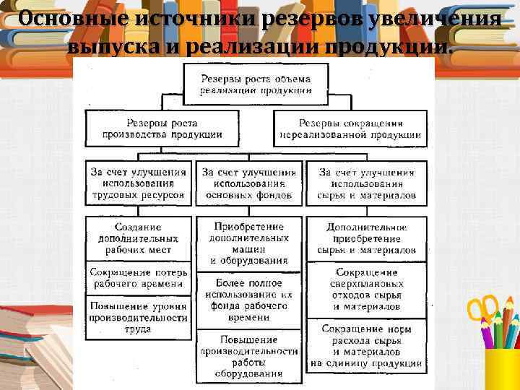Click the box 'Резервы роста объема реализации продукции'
[x=256, y=84]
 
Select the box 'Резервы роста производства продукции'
[x=162, y=129]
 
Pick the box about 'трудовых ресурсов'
[x=139, y=183]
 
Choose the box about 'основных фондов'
[x=249, y=183]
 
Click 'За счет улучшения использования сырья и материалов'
[x=366, y=183]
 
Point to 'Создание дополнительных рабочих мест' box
[x=139, y=238]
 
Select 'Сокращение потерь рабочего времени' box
[x=139, y=279]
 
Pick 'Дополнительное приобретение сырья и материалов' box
[x=366, y=238]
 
